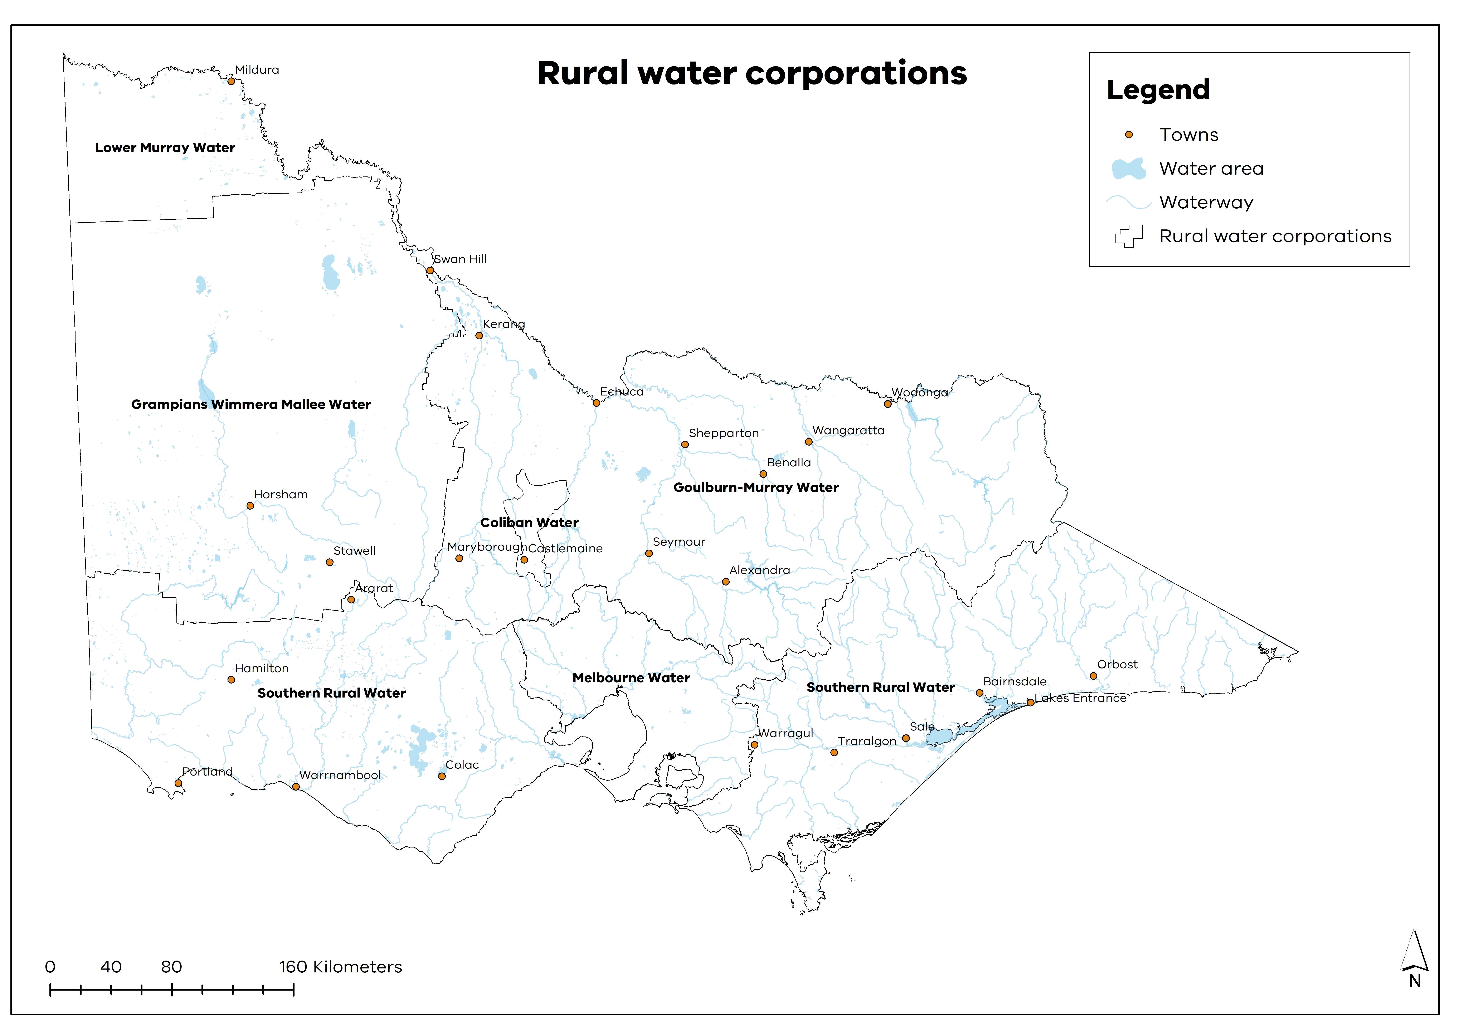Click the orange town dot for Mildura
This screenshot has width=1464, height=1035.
point(232,81)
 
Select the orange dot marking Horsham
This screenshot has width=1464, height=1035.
point(250,506)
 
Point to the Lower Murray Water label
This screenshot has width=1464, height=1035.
point(165,147)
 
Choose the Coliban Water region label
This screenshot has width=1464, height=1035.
point(529,522)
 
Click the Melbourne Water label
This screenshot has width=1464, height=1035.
point(631,678)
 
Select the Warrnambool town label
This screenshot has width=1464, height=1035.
point(340,775)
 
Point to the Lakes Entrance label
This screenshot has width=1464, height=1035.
point(1081,698)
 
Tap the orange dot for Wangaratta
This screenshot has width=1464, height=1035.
point(808,441)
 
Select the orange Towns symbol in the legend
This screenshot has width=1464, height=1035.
point(1129,135)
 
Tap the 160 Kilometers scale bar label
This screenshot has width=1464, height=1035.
point(340,967)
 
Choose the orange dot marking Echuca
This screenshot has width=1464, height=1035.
point(596,403)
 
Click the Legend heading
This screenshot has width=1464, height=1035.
point(1158,90)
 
